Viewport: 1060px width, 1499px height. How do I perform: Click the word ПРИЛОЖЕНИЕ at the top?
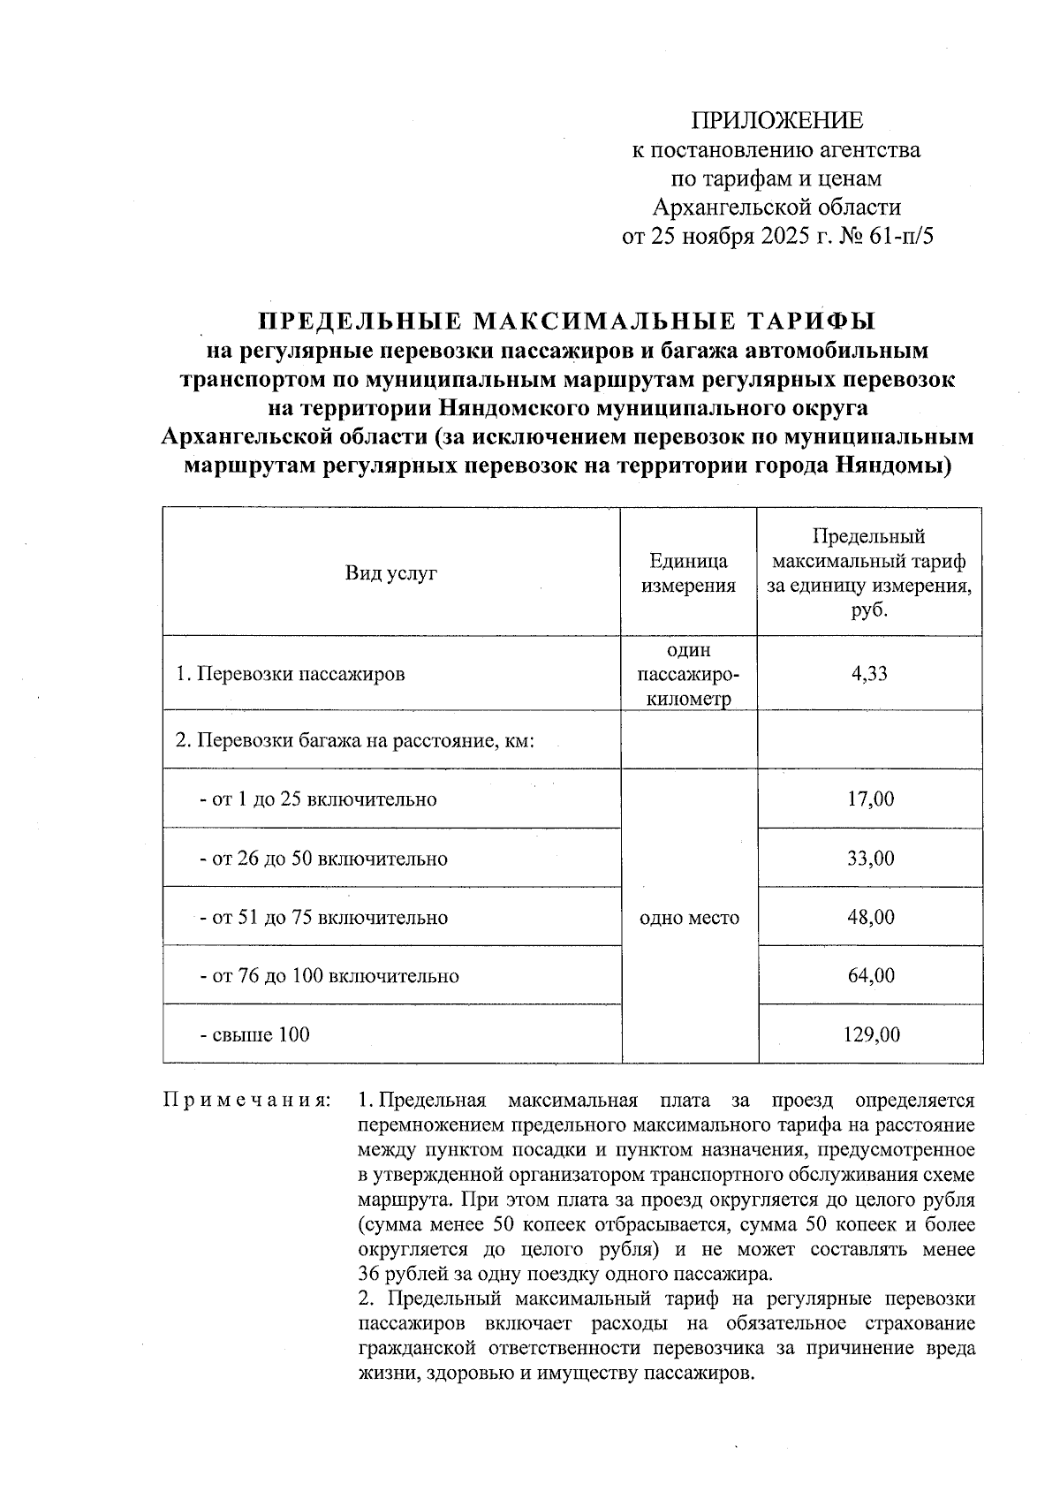(x=776, y=120)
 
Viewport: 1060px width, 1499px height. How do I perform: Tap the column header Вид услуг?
(x=391, y=573)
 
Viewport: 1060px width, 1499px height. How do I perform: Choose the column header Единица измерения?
(x=688, y=573)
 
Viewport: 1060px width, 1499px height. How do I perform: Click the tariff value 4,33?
(x=869, y=674)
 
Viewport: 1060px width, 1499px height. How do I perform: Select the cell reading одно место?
(x=688, y=918)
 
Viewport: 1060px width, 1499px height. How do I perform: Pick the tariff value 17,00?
(x=870, y=799)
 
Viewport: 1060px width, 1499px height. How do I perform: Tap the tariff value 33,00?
(x=870, y=859)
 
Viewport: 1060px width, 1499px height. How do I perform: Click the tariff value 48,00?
(x=870, y=918)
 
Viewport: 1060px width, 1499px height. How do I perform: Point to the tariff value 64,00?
(x=870, y=976)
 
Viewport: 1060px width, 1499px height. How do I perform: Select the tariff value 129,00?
(x=870, y=1034)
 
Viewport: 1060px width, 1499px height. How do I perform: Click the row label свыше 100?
(x=255, y=1034)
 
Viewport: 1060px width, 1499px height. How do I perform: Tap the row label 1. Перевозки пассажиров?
(x=291, y=674)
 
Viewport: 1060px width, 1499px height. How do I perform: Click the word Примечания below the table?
(x=247, y=1102)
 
